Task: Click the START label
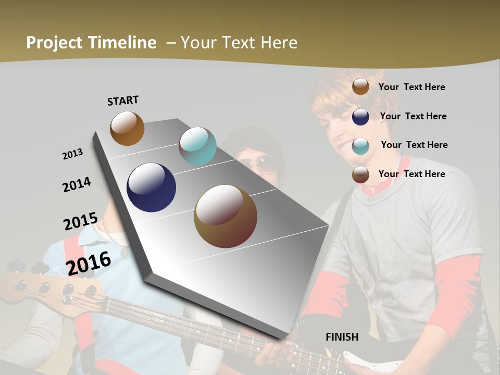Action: (x=123, y=100)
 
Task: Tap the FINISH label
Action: (x=342, y=337)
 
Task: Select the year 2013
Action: (x=72, y=154)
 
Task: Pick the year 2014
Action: (x=77, y=185)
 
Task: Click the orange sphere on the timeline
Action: (x=127, y=128)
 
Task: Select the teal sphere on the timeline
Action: (x=197, y=146)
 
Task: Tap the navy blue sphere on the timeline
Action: (x=151, y=187)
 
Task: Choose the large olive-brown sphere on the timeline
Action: (x=225, y=216)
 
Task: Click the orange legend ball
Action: (x=360, y=86)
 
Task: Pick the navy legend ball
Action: (x=360, y=117)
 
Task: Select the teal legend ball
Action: (x=360, y=146)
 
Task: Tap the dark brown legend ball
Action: (x=360, y=175)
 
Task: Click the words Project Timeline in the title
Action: (x=91, y=43)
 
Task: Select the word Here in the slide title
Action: (x=279, y=43)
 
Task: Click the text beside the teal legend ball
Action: (x=414, y=145)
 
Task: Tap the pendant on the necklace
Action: (x=124, y=253)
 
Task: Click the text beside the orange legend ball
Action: (x=411, y=87)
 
